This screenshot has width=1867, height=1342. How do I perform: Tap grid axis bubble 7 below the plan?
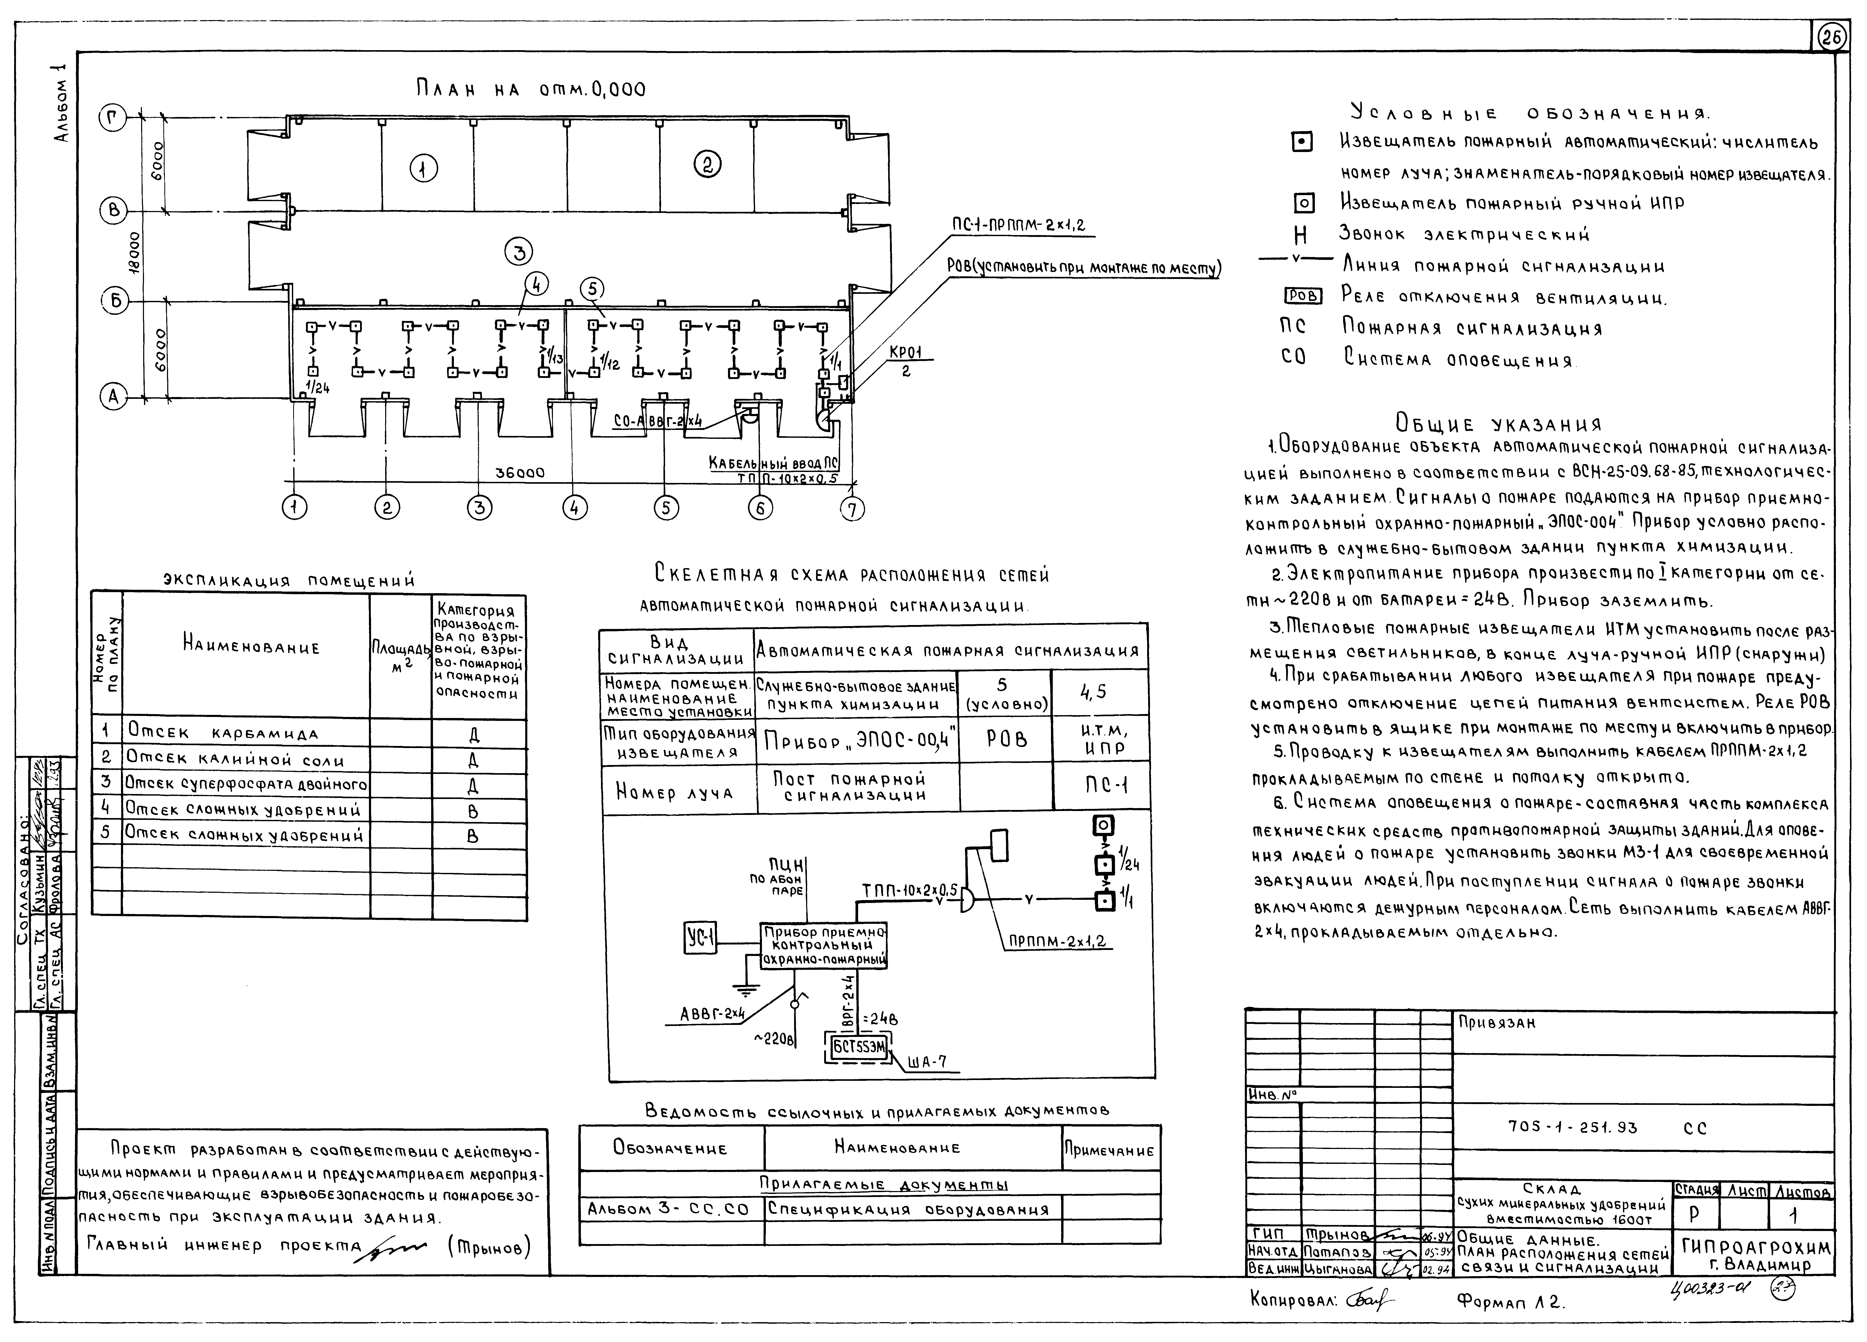click(853, 509)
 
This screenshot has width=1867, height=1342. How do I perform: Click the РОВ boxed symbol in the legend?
click(1302, 296)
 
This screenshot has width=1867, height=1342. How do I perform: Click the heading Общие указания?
click(1498, 425)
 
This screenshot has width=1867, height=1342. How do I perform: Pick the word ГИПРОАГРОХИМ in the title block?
click(1756, 1247)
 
